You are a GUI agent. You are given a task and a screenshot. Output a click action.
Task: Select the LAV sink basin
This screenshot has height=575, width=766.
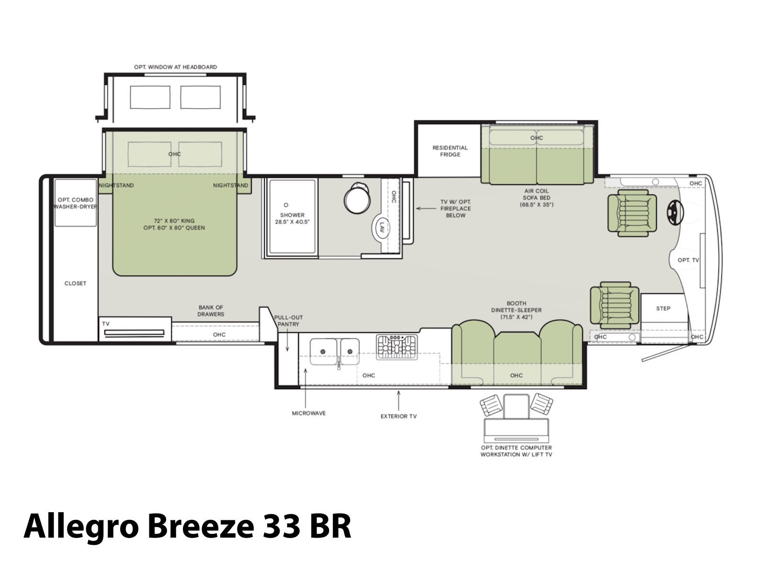pyautogui.click(x=381, y=228)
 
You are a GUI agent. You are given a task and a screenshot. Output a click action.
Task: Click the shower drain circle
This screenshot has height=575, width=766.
pyautogui.click(x=286, y=205)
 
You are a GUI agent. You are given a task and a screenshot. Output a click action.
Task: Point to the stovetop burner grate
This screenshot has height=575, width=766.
pyautogui.click(x=397, y=347)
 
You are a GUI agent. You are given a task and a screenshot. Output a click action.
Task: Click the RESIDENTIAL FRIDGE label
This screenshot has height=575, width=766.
pyautogui.click(x=450, y=151)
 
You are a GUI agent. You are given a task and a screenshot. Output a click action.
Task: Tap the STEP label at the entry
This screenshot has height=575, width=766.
pyautogui.click(x=663, y=309)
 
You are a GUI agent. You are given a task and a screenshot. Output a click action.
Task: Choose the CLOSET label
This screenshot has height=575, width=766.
pyautogui.click(x=75, y=284)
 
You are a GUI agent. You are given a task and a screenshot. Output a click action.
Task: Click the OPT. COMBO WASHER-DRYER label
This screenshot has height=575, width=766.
pyautogui.click(x=75, y=203)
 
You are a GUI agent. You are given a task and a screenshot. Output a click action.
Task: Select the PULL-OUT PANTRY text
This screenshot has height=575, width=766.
pyautogui.click(x=288, y=321)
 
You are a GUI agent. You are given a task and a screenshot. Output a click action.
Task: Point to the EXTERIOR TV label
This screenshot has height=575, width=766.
pyautogui.click(x=398, y=416)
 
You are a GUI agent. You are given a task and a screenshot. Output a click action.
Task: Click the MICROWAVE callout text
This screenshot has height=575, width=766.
pyautogui.click(x=309, y=414)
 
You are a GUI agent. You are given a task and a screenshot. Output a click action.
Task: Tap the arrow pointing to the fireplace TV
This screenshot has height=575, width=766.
pyautogui.click(x=426, y=208)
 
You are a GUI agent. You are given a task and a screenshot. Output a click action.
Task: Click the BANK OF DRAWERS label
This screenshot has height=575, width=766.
pyautogui.click(x=211, y=310)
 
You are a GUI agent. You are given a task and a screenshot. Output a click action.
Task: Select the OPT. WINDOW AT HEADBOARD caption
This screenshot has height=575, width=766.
pyautogui.click(x=176, y=67)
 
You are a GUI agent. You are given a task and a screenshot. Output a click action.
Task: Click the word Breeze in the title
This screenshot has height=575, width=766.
pyautogui.click(x=201, y=527)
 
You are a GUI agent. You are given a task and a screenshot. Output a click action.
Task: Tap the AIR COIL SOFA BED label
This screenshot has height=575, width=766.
pyautogui.click(x=536, y=198)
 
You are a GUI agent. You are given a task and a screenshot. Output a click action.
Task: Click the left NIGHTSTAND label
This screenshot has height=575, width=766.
pyautogui.click(x=116, y=185)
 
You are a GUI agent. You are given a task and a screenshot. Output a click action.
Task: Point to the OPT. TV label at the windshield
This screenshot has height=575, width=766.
pyautogui.click(x=688, y=260)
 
